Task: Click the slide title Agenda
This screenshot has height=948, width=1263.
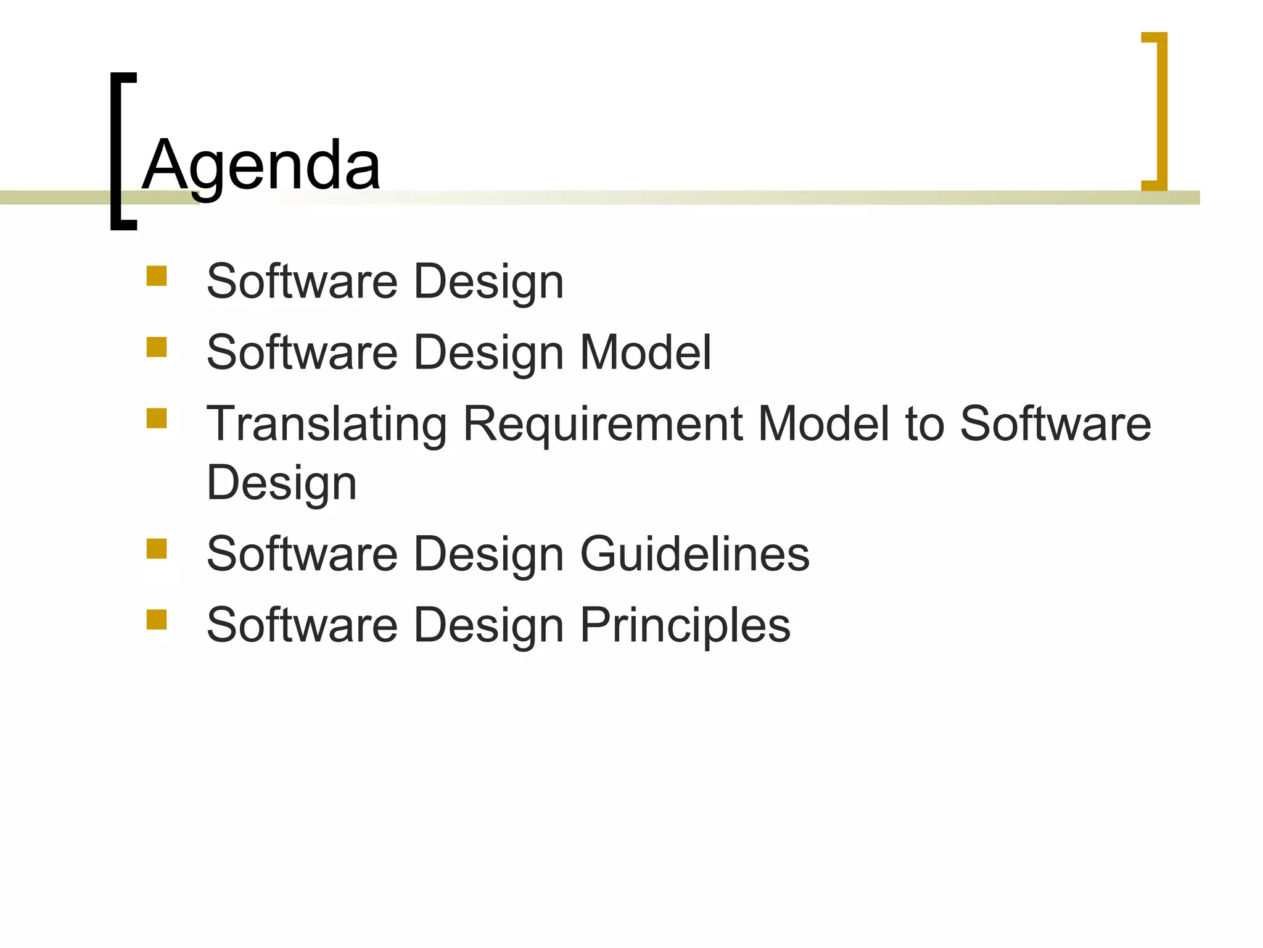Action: pyautogui.click(x=261, y=165)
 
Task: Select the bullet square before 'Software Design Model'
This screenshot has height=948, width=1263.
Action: pyautogui.click(x=157, y=347)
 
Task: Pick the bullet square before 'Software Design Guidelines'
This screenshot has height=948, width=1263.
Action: pyautogui.click(x=157, y=548)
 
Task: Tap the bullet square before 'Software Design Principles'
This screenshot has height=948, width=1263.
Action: pyautogui.click(x=157, y=619)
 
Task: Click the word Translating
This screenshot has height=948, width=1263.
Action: pyautogui.click(x=327, y=424)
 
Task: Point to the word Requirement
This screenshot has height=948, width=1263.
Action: pyautogui.click(x=603, y=424)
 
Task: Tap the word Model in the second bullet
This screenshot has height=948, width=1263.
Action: pyautogui.click(x=646, y=352)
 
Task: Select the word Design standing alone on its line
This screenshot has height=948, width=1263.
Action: pyautogui.click(x=282, y=483)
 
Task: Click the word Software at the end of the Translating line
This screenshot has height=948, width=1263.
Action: pyautogui.click(x=1055, y=424)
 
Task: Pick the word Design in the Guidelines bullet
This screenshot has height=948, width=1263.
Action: pyautogui.click(x=488, y=554)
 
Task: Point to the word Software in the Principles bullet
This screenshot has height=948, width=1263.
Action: pyautogui.click(x=302, y=625)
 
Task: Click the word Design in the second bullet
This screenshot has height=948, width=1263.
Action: pyautogui.click(x=488, y=352)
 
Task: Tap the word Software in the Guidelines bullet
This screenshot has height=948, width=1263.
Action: pyautogui.click(x=302, y=554)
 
